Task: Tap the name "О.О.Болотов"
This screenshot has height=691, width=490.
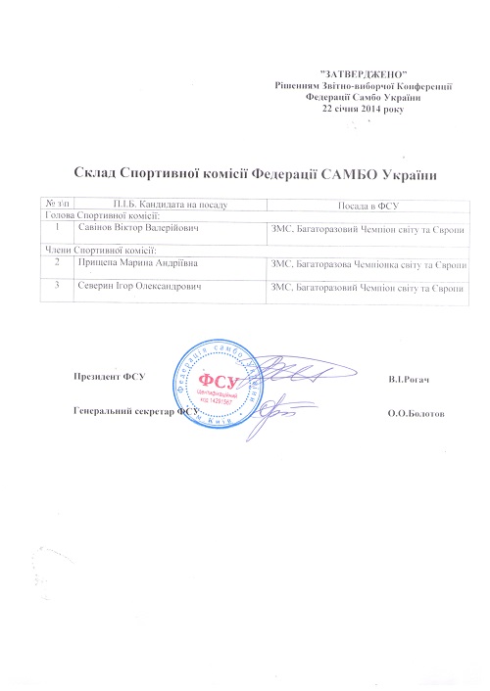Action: click(416, 414)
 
